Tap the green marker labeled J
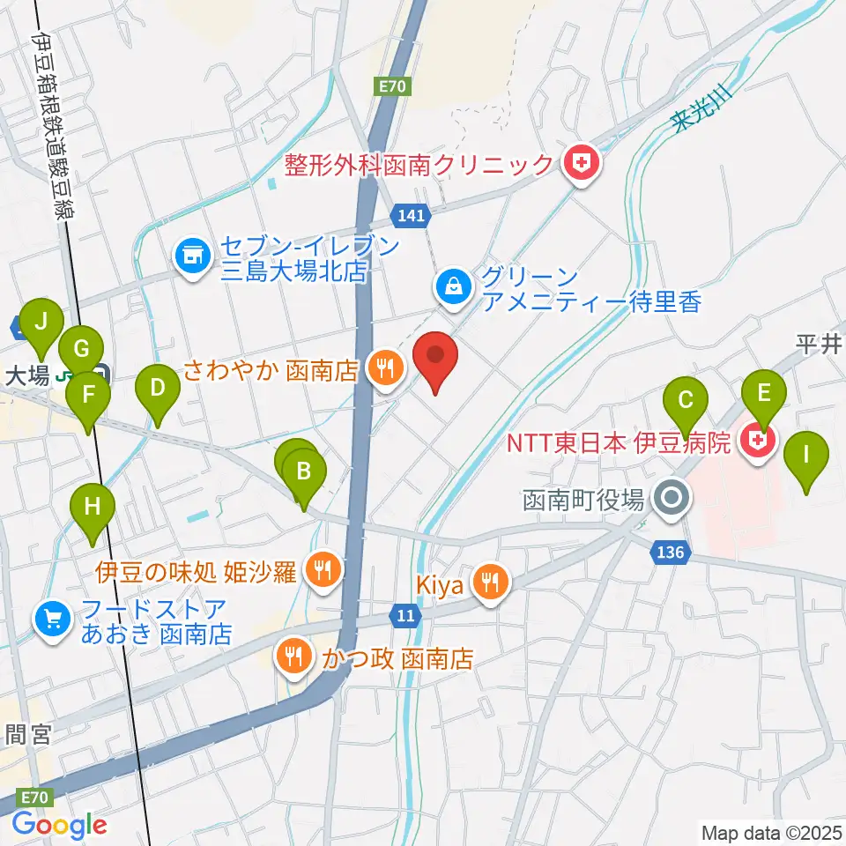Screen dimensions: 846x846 coord(41,324)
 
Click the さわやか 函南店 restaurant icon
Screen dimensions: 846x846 coord(384,367)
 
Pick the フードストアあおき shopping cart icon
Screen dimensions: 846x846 coord(52,619)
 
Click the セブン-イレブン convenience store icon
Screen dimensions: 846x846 coord(191,257)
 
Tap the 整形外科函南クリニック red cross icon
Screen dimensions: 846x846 coord(581,163)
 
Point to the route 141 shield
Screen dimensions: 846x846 coord(412,213)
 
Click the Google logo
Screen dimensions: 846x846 coord(59,825)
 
